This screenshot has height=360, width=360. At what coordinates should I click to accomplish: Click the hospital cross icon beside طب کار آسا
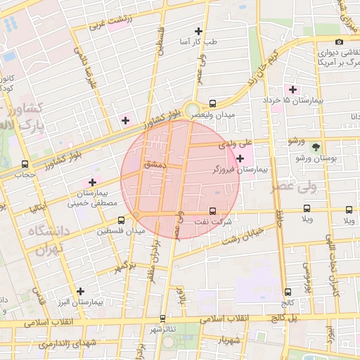(199, 32)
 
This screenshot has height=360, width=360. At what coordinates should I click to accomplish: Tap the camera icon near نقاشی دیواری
(339, 41)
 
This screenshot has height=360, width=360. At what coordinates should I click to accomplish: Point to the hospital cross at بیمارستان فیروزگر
(240, 159)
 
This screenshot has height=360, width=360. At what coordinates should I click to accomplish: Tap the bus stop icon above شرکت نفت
(213, 211)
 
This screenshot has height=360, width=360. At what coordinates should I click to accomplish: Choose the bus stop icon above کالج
(288, 292)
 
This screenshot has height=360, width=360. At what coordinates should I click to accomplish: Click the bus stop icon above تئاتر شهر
(163, 319)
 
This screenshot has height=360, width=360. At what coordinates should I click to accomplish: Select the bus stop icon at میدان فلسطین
(122, 220)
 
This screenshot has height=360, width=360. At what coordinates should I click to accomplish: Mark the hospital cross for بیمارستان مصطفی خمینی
(92, 182)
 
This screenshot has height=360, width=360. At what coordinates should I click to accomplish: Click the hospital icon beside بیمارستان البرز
(81, 291)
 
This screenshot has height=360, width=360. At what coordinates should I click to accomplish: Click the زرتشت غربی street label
(110, 22)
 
